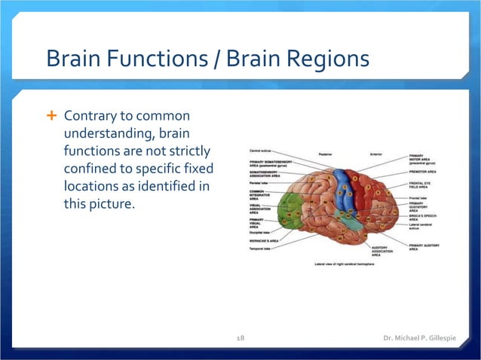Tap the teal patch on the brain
[346, 222]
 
